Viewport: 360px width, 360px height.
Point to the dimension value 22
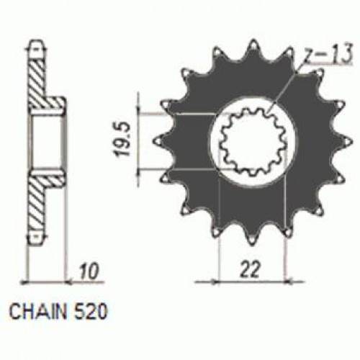click(250, 270)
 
